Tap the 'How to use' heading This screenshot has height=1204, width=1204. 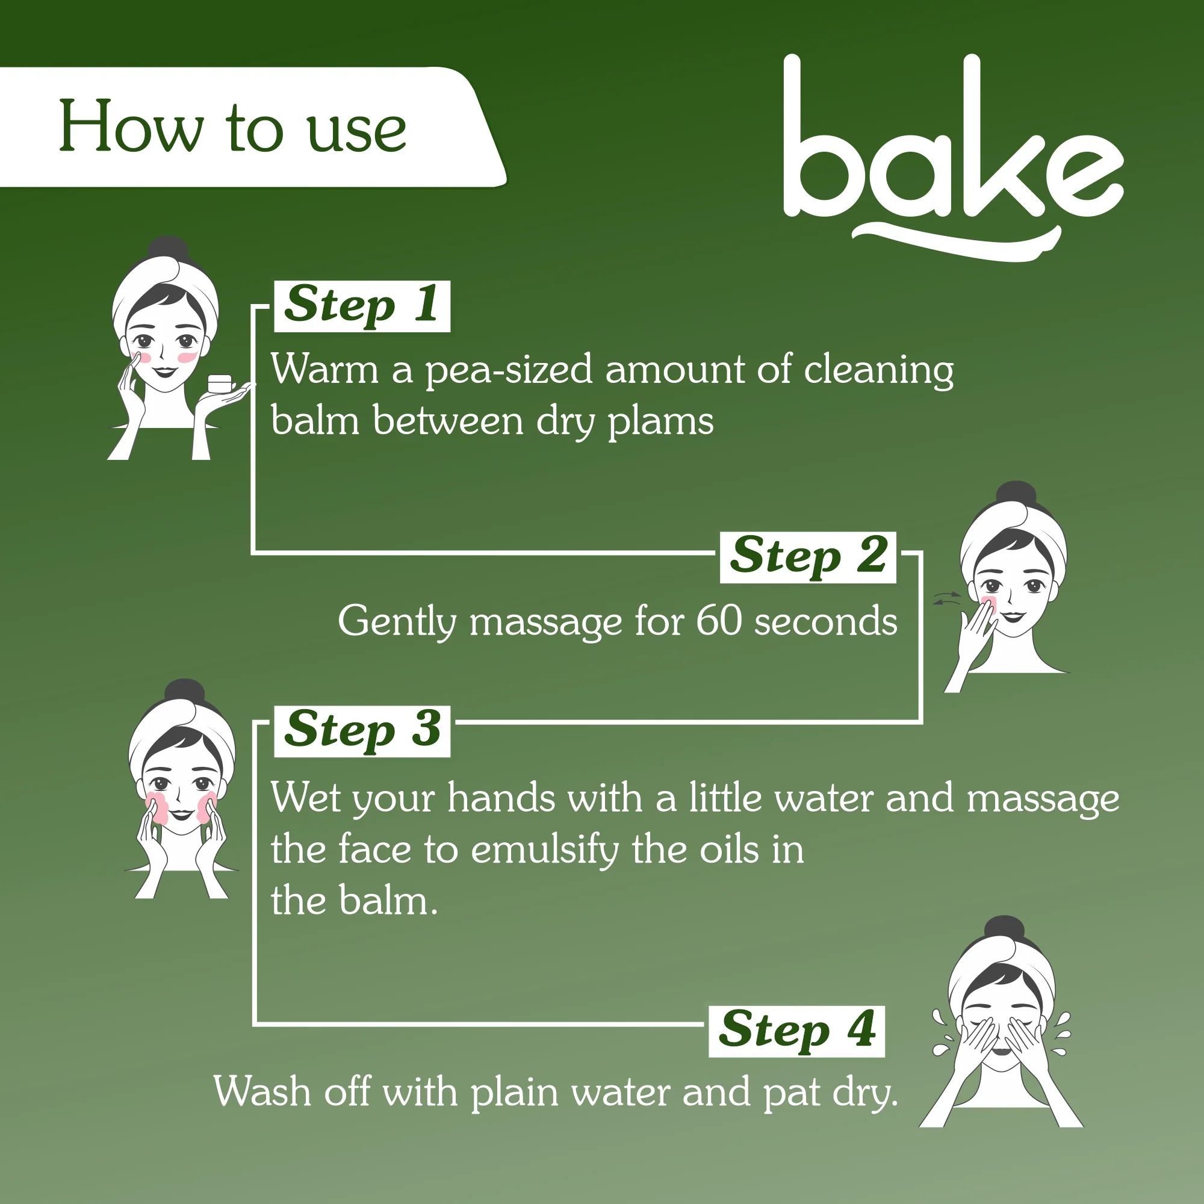[x=232, y=127]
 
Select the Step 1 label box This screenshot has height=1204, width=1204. [x=362, y=306]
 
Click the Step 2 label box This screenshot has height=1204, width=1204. [x=808, y=557]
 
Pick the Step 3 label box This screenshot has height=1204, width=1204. [x=362, y=731]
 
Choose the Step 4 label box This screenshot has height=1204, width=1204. [x=796, y=1031]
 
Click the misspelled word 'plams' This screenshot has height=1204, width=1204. [x=660, y=422]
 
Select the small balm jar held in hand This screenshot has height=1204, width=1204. [x=219, y=383]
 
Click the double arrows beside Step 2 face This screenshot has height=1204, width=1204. [x=946, y=599]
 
